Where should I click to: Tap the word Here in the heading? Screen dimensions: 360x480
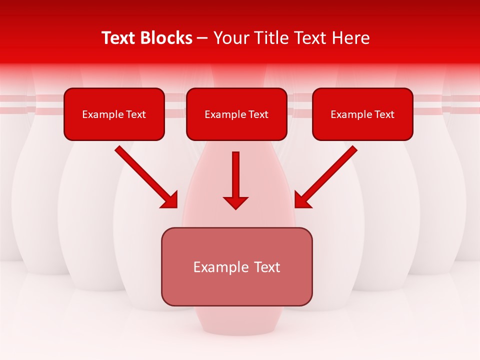(352, 38)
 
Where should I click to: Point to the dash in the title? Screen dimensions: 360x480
(202, 38)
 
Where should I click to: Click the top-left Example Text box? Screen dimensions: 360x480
(114, 114)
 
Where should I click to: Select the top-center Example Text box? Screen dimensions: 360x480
(236, 114)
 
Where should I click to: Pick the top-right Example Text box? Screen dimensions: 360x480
(362, 114)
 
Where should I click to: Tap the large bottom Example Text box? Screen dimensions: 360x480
(236, 266)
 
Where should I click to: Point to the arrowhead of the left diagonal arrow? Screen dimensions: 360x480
(170, 200)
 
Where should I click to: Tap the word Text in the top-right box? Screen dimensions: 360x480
(384, 114)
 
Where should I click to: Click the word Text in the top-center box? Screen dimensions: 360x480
(258, 114)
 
